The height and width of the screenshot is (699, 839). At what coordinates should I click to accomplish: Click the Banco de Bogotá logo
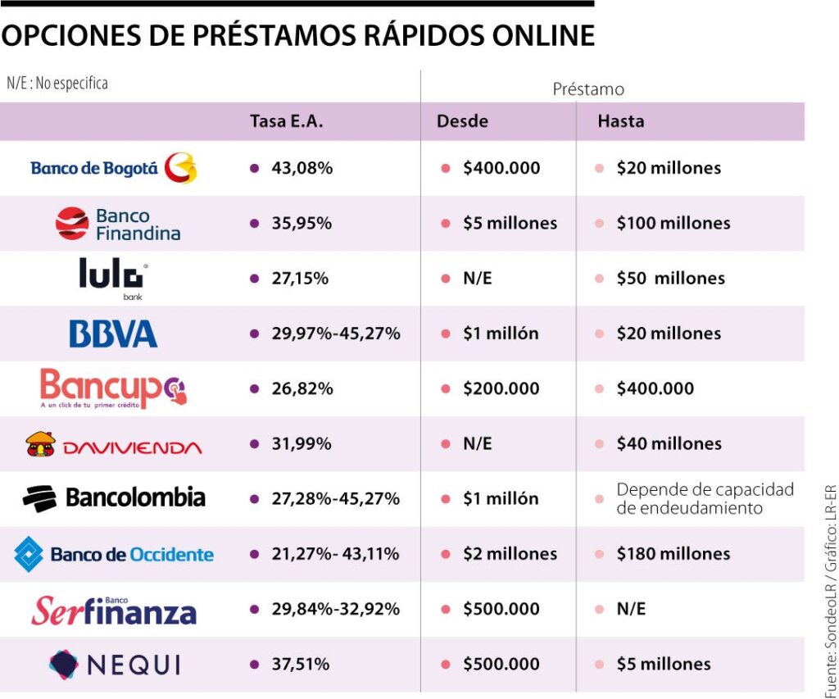[x=114, y=168]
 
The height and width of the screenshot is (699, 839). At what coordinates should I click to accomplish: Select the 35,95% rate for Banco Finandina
[x=302, y=223]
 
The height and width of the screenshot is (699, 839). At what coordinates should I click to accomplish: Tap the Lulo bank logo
[x=114, y=277]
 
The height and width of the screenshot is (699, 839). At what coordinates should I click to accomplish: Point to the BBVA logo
[x=113, y=334]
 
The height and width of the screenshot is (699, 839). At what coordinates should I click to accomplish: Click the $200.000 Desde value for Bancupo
[x=501, y=388]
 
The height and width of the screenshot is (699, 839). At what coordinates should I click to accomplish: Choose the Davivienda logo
[x=114, y=445]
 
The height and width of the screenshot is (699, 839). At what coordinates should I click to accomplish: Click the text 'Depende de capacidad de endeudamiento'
[x=705, y=498]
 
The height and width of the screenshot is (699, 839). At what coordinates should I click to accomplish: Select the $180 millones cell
[x=673, y=554]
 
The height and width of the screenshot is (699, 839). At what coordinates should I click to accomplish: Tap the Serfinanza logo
[x=114, y=610]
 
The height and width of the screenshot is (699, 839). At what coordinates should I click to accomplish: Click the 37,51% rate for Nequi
[x=302, y=664]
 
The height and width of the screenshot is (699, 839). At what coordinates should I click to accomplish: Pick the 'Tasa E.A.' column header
[x=287, y=121]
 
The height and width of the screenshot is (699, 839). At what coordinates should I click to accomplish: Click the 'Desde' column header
[x=462, y=121]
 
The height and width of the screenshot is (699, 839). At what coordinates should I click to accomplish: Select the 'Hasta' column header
[x=620, y=121]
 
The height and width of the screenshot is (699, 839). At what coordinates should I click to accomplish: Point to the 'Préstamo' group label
[x=587, y=89]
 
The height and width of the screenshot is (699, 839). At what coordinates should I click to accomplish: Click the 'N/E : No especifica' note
[x=57, y=84]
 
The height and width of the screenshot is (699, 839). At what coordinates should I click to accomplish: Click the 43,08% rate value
[x=302, y=168]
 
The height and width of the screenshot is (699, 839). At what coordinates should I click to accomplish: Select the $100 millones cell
[x=673, y=223]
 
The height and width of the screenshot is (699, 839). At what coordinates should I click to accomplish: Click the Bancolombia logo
[x=114, y=497]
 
